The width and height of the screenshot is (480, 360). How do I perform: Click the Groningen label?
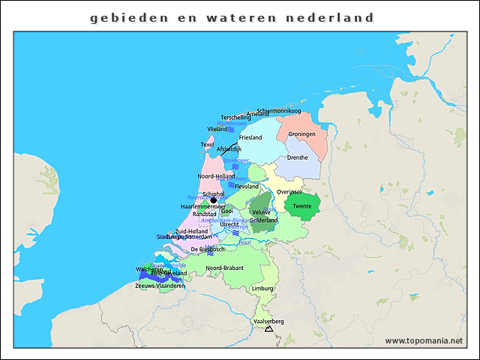(301, 133)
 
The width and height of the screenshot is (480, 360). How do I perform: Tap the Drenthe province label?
(298, 157)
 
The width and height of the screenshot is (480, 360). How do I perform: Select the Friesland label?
(250, 138)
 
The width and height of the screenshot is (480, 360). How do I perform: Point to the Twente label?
(302, 206)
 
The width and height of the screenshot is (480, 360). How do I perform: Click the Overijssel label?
(289, 192)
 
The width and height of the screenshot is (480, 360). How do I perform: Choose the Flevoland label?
(247, 186)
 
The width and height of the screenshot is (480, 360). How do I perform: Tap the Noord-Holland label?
(216, 175)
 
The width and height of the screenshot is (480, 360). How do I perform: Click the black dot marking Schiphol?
(214, 200)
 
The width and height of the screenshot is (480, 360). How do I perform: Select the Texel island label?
(207, 145)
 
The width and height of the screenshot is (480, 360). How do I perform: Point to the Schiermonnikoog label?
(279, 111)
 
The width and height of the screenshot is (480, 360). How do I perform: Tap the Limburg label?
(262, 288)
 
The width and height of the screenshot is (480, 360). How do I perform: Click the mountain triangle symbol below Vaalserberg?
(268, 328)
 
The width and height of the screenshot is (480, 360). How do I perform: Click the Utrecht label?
(229, 224)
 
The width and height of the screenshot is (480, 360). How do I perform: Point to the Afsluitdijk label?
(229, 149)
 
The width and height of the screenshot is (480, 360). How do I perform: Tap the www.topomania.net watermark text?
(424, 340)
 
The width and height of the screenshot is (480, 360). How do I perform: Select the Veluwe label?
(262, 212)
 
